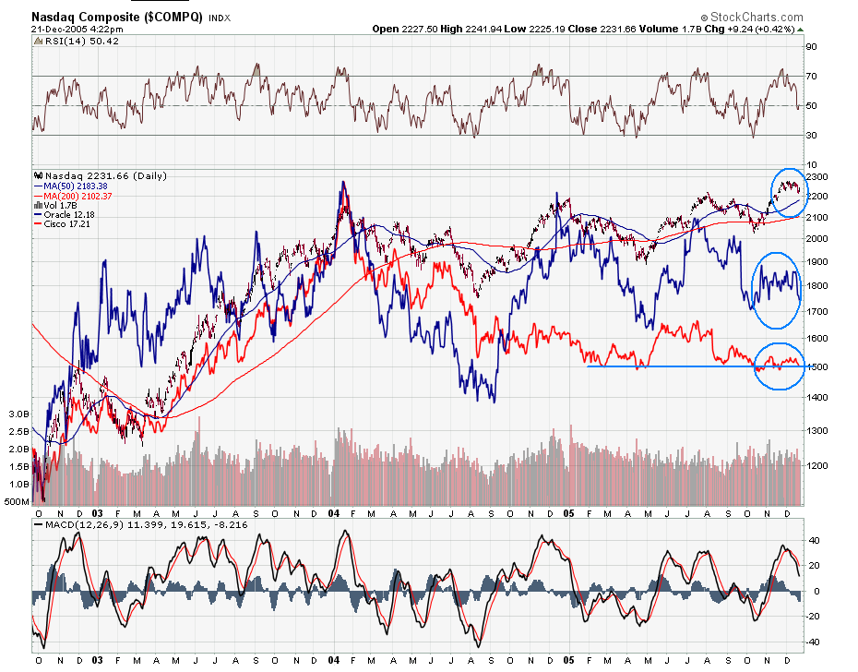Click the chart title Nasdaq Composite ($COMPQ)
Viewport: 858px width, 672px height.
(x=117, y=17)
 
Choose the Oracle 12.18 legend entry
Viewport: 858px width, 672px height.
(x=68, y=215)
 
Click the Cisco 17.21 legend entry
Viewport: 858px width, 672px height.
(x=66, y=224)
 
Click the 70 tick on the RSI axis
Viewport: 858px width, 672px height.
(x=812, y=76)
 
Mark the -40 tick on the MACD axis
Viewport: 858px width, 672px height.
(x=814, y=642)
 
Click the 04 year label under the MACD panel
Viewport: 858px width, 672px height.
(x=333, y=660)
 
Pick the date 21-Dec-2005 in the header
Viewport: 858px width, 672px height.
(x=60, y=29)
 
